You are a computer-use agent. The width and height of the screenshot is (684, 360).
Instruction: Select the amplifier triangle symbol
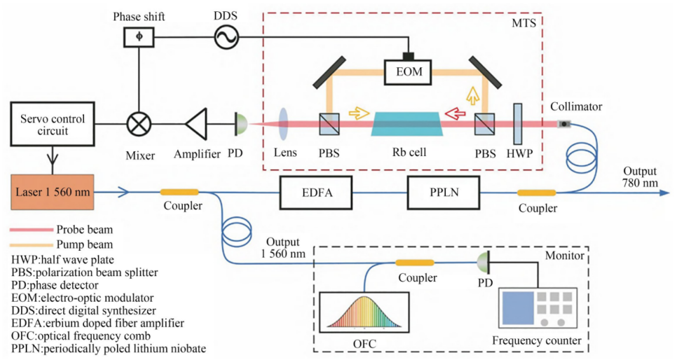click(200, 125)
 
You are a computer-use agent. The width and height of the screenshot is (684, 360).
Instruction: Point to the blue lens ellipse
click(285, 125)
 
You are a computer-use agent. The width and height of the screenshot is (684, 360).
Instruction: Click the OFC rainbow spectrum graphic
click(363, 316)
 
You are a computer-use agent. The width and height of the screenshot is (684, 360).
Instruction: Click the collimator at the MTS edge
click(563, 125)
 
